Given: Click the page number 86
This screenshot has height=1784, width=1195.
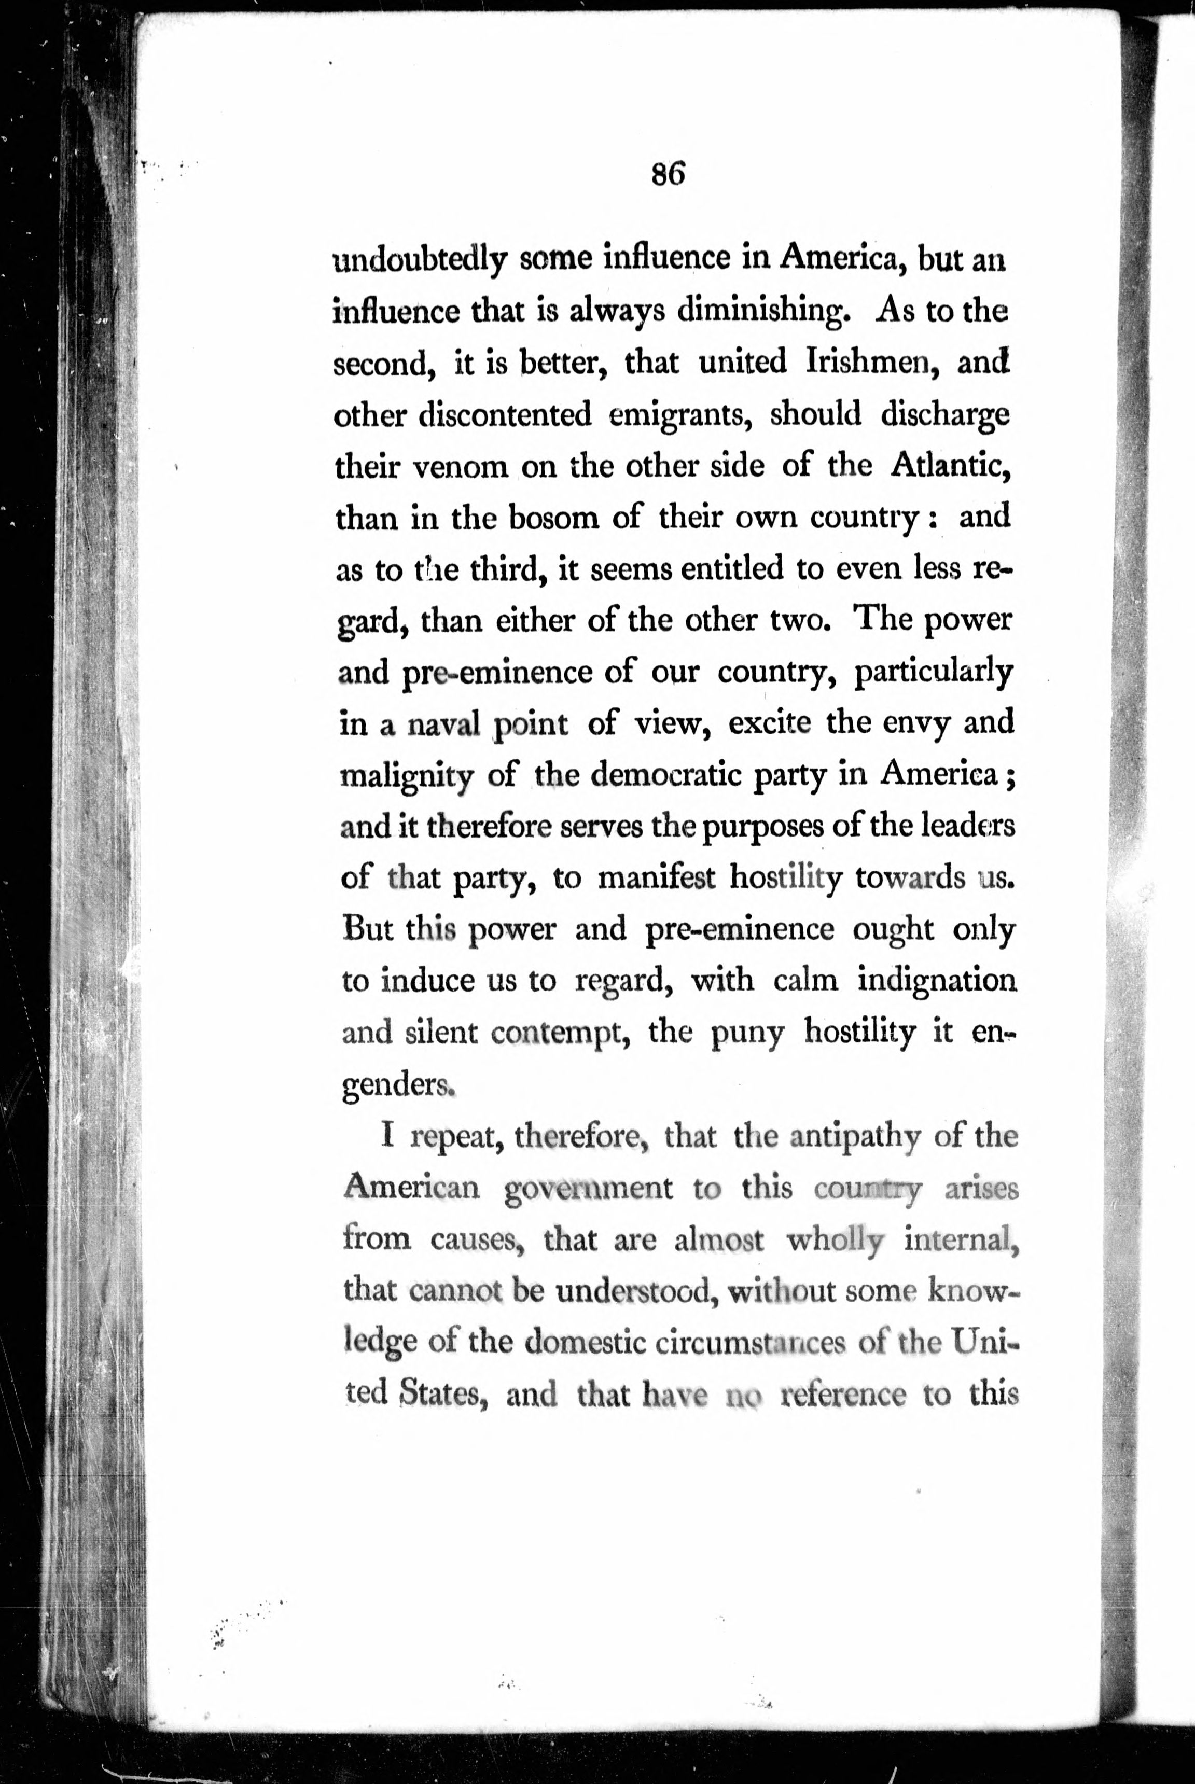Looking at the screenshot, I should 669,175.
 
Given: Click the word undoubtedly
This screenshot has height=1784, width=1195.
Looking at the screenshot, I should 421,261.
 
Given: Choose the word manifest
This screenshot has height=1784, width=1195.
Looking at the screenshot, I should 656,878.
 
